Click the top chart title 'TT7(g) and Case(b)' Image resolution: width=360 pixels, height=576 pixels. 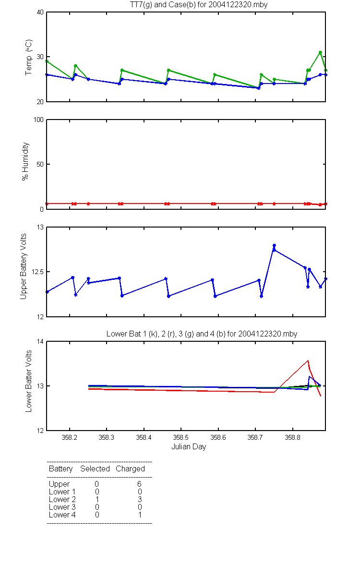163,5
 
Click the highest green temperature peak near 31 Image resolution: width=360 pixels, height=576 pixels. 320,52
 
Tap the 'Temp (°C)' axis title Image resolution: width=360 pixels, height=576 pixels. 28,57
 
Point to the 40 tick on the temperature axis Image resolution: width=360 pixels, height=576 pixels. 40,12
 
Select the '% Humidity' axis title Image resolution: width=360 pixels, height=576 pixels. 25,161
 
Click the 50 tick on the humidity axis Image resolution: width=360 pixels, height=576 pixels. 40,164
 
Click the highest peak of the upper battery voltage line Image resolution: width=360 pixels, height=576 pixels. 274,245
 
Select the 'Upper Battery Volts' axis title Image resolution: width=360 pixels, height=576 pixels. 24,266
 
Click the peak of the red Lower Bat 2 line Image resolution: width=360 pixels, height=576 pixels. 308,360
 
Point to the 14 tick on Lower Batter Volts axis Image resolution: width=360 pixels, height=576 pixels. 40,341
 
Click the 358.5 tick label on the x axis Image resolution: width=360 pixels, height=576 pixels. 181,437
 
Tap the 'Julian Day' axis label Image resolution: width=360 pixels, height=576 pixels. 189,447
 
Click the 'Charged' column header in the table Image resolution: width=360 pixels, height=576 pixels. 131,468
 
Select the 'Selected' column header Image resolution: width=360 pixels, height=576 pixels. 95,468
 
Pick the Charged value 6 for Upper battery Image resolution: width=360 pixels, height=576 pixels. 139,484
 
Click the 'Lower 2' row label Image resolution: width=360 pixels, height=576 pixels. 62,499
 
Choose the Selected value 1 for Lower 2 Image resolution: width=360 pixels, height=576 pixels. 97,499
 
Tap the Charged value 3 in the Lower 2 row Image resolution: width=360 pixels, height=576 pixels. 140,499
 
